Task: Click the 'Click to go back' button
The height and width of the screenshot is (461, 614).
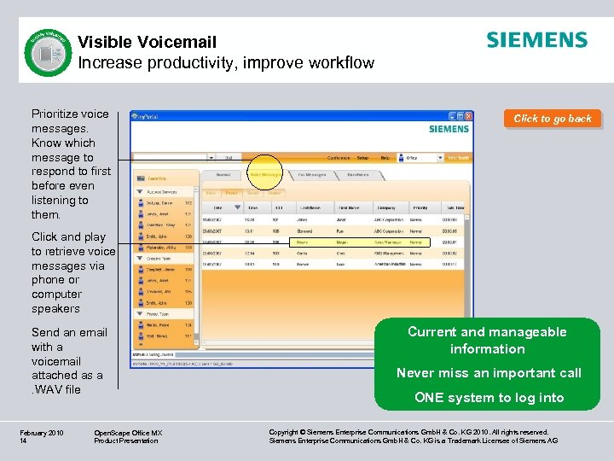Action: (x=553, y=119)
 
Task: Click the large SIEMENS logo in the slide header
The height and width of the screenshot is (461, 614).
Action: (x=536, y=40)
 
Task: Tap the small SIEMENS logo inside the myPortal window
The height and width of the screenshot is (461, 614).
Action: (x=449, y=129)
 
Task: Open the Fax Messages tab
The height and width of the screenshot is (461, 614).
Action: (x=313, y=174)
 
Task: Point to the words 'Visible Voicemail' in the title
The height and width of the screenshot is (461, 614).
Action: (x=148, y=42)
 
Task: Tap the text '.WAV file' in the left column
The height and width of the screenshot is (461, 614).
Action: (x=56, y=389)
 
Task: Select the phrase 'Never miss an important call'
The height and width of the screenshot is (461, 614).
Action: (x=489, y=372)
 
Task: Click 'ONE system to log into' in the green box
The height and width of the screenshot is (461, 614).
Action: (x=489, y=397)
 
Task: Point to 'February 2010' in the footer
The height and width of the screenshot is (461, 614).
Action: (x=42, y=433)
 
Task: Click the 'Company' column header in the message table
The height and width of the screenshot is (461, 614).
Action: (x=386, y=207)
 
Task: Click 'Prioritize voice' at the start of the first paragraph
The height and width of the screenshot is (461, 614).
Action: (x=70, y=114)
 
